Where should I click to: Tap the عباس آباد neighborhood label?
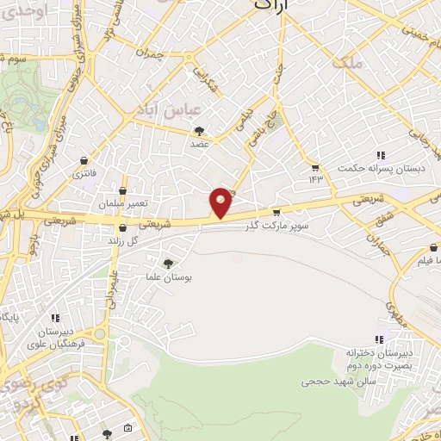click(168, 110)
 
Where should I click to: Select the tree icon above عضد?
click(200, 131)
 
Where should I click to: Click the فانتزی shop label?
click(84, 174)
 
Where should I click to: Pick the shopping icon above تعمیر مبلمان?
click(123, 189)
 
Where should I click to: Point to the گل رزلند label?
click(123, 242)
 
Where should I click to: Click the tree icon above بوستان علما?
click(167, 264)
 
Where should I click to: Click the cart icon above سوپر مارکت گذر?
click(276, 211)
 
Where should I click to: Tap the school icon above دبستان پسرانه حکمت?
click(380, 156)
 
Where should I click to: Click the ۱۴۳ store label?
click(315, 179)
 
